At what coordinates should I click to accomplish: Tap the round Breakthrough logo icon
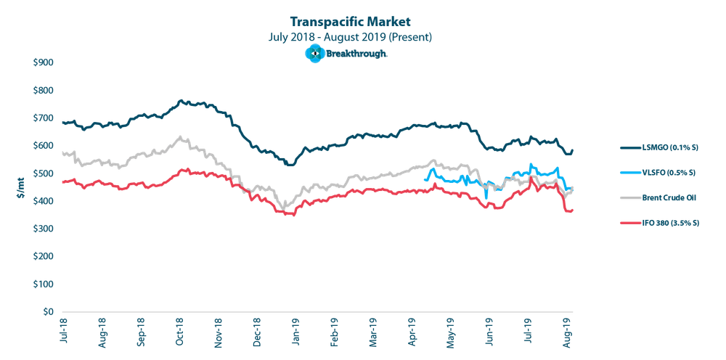coord(315,53)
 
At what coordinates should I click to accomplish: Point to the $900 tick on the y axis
coord(43,63)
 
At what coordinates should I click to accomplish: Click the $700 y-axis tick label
coord(43,118)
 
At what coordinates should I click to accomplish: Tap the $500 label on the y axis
coord(43,173)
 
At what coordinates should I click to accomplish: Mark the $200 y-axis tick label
coord(43,256)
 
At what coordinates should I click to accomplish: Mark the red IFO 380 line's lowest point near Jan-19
coord(293,216)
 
